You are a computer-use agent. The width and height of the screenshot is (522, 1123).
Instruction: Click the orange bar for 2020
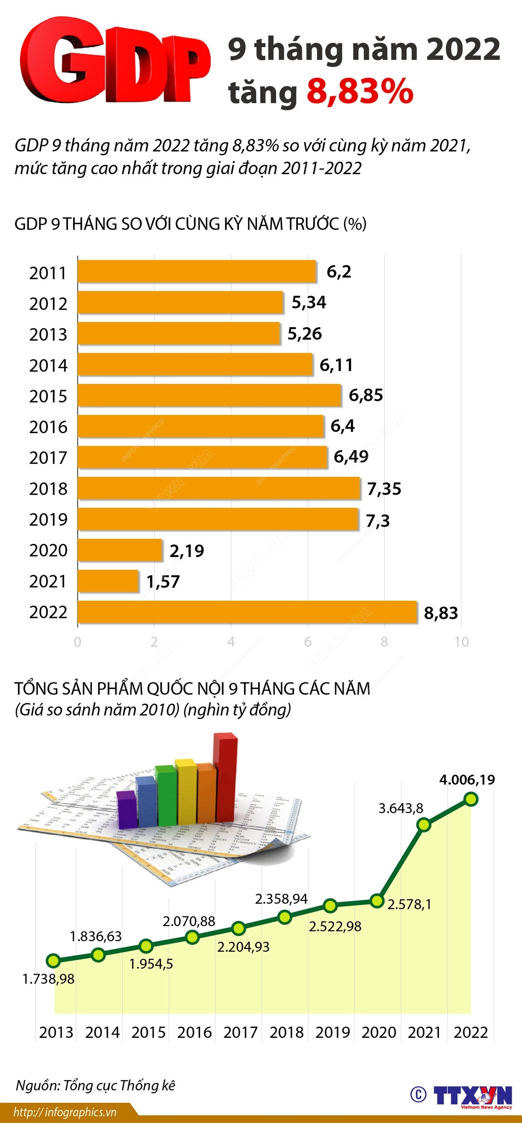click(x=120, y=550)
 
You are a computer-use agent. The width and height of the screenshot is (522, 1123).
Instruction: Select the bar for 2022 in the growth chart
click(x=247, y=612)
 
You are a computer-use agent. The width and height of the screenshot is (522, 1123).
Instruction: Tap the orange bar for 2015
click(x=209, y=395)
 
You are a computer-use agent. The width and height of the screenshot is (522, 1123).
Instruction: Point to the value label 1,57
click(x=163, y=582)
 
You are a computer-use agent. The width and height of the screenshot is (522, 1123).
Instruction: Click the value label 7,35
click(x=384, y=489)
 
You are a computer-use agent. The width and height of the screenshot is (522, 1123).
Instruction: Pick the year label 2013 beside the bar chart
click(x=48, y=335)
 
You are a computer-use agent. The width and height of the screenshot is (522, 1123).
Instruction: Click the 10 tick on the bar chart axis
click(x=462, y=642)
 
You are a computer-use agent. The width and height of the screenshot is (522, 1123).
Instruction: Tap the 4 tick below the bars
click(x=231, y=642)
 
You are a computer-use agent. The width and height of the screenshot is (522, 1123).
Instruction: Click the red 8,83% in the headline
click(x=360, y=92)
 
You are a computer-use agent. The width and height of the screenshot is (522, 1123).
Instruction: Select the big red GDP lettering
click(x=114, y=61)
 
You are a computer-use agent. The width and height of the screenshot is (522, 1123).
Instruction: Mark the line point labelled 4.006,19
click(x=471, y=799)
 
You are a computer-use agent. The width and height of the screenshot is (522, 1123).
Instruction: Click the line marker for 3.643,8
click(x=424, y=825)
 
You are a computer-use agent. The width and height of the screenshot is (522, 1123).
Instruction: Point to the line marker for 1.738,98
click(x=53, y=961)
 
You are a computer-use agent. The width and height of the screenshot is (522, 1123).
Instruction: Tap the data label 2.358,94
click(x=281, y=898)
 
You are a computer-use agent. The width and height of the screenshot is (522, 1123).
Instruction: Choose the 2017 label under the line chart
click(x=241, y=1032)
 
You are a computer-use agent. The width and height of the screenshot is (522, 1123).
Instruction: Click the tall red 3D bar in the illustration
click(x=225, y=776)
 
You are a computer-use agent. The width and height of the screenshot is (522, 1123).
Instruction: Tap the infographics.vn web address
click(x=66, y=1112)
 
